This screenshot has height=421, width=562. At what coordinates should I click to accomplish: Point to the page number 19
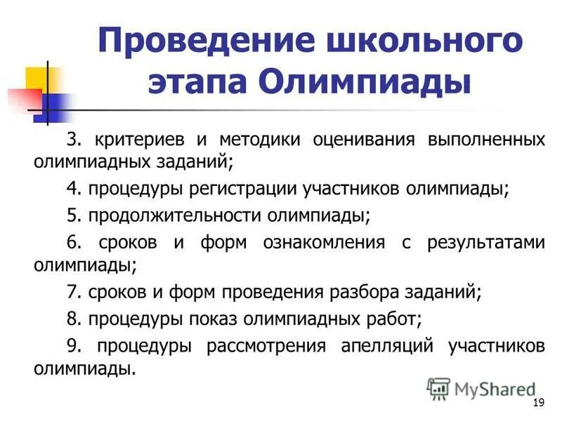tap(540, 402)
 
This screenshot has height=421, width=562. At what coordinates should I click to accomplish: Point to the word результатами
tap(486, 243)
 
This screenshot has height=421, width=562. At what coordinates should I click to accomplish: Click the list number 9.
tap(73, 346)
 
